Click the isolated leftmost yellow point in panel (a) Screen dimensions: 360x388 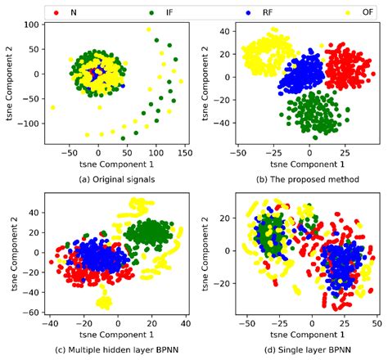coord(53,107)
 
